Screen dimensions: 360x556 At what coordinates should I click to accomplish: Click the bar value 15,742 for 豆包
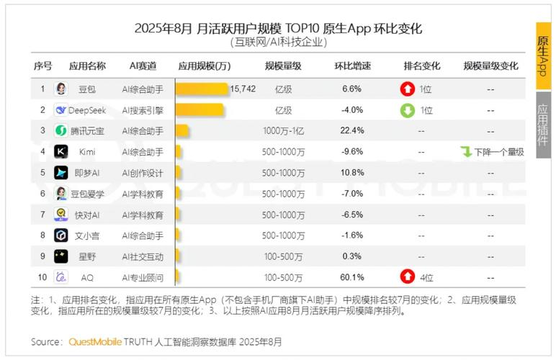pyautogui.click(x=243, y=89)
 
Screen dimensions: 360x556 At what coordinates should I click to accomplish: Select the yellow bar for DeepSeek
pyautogui.click(x=200, y=110)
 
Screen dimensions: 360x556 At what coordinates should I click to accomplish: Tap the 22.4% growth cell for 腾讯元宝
pyautogui.click(x=352, y=131)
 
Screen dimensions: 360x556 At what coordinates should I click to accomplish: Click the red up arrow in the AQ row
pyautogui.click(x=408, y=277)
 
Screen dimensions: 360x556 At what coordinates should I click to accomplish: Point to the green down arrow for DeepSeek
pyautogui.click(x=408, y=110)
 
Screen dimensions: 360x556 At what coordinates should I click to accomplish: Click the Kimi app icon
pyautogui.click(x=61, y=152)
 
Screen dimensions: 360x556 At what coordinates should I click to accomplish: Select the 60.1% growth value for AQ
pyautogui.click(x=352, y=277)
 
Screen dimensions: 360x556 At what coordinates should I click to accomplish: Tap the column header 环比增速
pyautogui.click(x=352, y=66)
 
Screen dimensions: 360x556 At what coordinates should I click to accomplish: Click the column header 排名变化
pyautogui.click(x=421, y=66)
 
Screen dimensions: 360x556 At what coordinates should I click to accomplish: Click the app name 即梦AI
pyautogui.click(x=87, y=173)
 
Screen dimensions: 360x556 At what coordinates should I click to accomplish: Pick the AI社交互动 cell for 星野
pyautogui.click(x=143, y=256)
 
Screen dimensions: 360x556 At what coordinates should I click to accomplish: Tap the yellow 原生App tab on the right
pyautogui.click(x=543, y=55)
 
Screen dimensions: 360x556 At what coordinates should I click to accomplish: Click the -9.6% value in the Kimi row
pyautogui.click(x=352, y=152)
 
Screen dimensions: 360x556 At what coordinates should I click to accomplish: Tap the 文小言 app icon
pyautogui.click(x=61, y=235)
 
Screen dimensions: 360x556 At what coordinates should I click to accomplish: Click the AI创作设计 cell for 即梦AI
pyautogui.click(x=143, y=173)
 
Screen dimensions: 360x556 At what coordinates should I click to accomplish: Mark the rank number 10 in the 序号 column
pyautogui.click(x=42, y=277)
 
